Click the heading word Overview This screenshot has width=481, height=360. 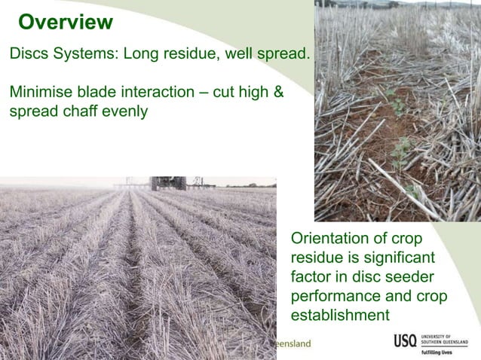coord(65,23)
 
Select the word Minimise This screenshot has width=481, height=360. coord(40,93)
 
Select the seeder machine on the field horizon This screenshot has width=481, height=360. coord(167,183)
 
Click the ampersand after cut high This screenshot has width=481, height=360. coord(277,93)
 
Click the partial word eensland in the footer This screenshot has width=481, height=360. coord(293,343)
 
